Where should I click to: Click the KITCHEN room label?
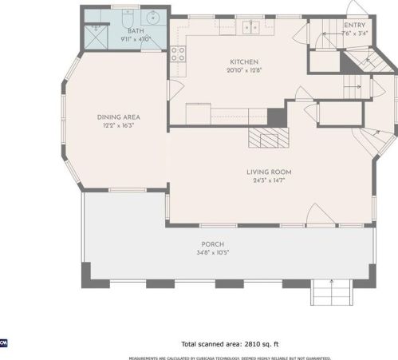[x=244, y=61]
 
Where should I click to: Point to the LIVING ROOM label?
[x=268, y=172]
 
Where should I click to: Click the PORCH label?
[x=212, y=244]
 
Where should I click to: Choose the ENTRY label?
[x=355, y=26]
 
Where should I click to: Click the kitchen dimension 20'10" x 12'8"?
[x=244, y=69]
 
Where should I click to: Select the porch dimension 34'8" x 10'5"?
[x=212, y=252]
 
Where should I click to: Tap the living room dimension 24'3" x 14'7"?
[x=268, y=180]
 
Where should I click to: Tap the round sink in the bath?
[x=152, y=17]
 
